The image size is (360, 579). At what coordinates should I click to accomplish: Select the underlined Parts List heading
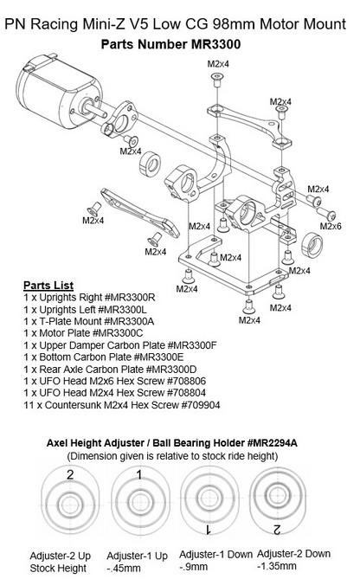pos(48,285)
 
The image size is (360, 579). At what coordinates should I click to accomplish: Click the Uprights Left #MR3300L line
pos(87,308)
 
